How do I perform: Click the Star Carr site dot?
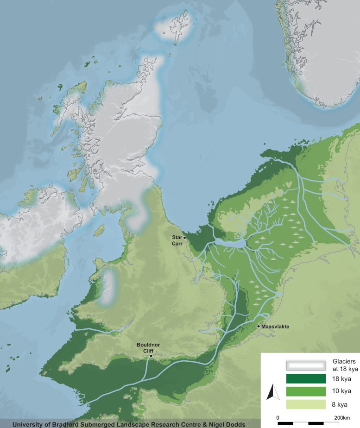click(184, 238)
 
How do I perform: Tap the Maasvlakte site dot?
click(259, 327)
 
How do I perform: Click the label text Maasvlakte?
click(276, 327)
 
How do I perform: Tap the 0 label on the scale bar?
click(278, 417)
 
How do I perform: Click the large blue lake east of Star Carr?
click(230, 243)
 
